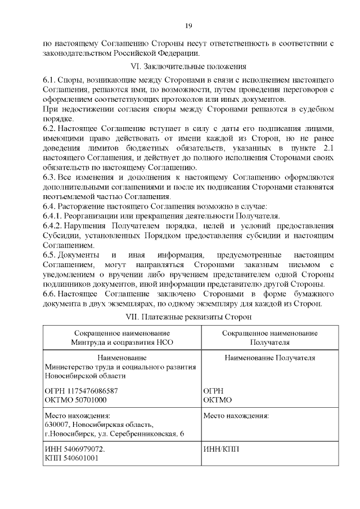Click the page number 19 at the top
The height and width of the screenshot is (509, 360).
pos(189,25)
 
